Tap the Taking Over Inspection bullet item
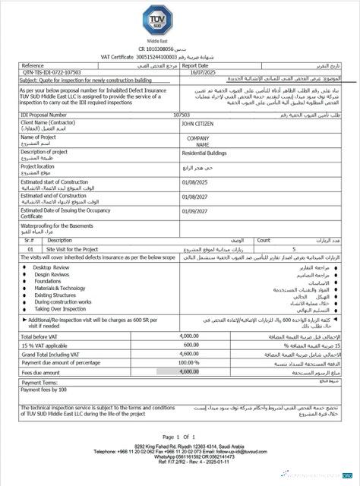tap(59, 309)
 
